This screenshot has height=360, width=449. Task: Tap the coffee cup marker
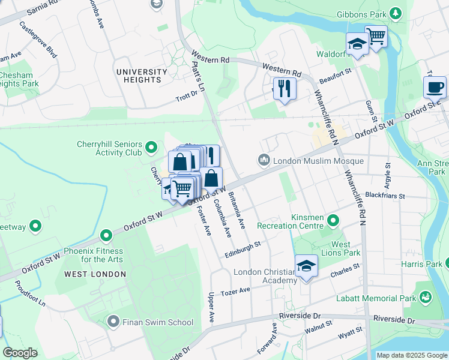point(435,87)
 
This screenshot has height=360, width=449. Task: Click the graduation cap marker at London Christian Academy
point(306,266)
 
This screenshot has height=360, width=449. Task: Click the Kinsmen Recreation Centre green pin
point(334,222)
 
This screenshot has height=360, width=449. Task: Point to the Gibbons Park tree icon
point(395,13)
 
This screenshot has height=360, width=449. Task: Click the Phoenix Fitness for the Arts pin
point(106,235)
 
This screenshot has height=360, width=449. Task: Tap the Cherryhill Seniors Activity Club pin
point(151,146)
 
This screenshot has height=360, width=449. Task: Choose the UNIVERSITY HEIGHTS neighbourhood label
point(142,76)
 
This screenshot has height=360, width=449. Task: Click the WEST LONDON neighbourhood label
point(95,274)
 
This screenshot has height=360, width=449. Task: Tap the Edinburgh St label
point(241,248)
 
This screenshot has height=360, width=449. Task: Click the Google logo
point(20,353)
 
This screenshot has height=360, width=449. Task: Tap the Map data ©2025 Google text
point(411,355)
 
